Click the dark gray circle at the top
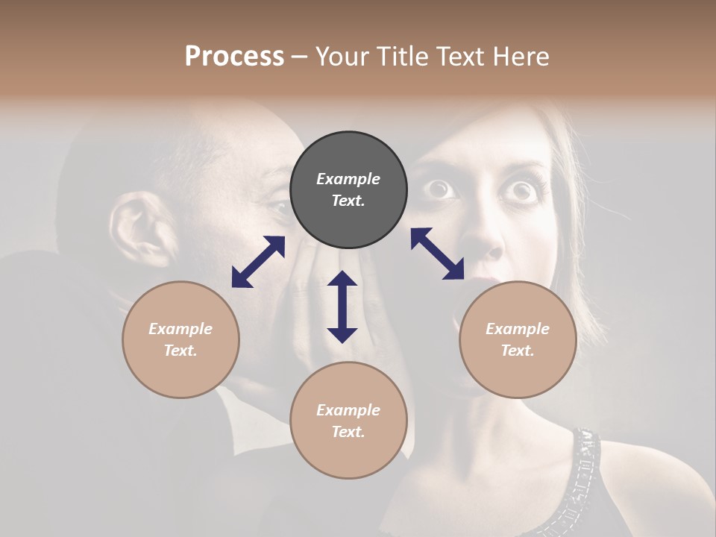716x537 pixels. [x=348, y=190]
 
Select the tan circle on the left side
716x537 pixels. [x=180, y=339]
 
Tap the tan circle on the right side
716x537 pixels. [x=518, y=339]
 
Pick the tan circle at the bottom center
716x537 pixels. [x=348, y=421]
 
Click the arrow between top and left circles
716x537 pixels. [x=258, y=262]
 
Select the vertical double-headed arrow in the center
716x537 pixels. [x=342, y=307]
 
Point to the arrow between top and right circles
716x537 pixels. [x=437, y=254]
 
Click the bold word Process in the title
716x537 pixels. [x=234, y=56]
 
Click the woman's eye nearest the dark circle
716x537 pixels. [x=441, y=189]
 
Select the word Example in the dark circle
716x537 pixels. [x=348, y=179]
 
